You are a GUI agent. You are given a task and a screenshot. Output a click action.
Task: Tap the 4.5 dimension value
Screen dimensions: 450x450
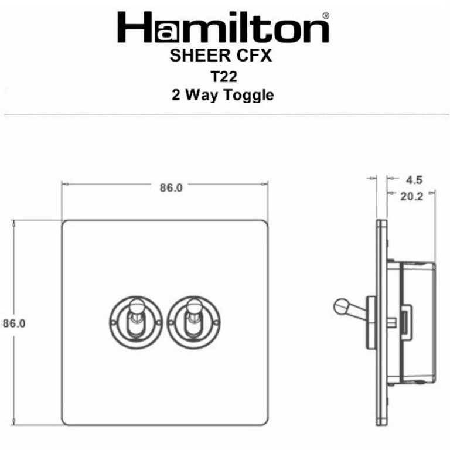[414, 179]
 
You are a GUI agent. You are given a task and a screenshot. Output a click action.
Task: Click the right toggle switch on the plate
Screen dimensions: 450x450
[190, 319]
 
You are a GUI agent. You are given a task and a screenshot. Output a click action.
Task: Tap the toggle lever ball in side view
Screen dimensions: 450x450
[340, 305]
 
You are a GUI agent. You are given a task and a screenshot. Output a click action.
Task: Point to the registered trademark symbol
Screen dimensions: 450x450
[326, 15]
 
